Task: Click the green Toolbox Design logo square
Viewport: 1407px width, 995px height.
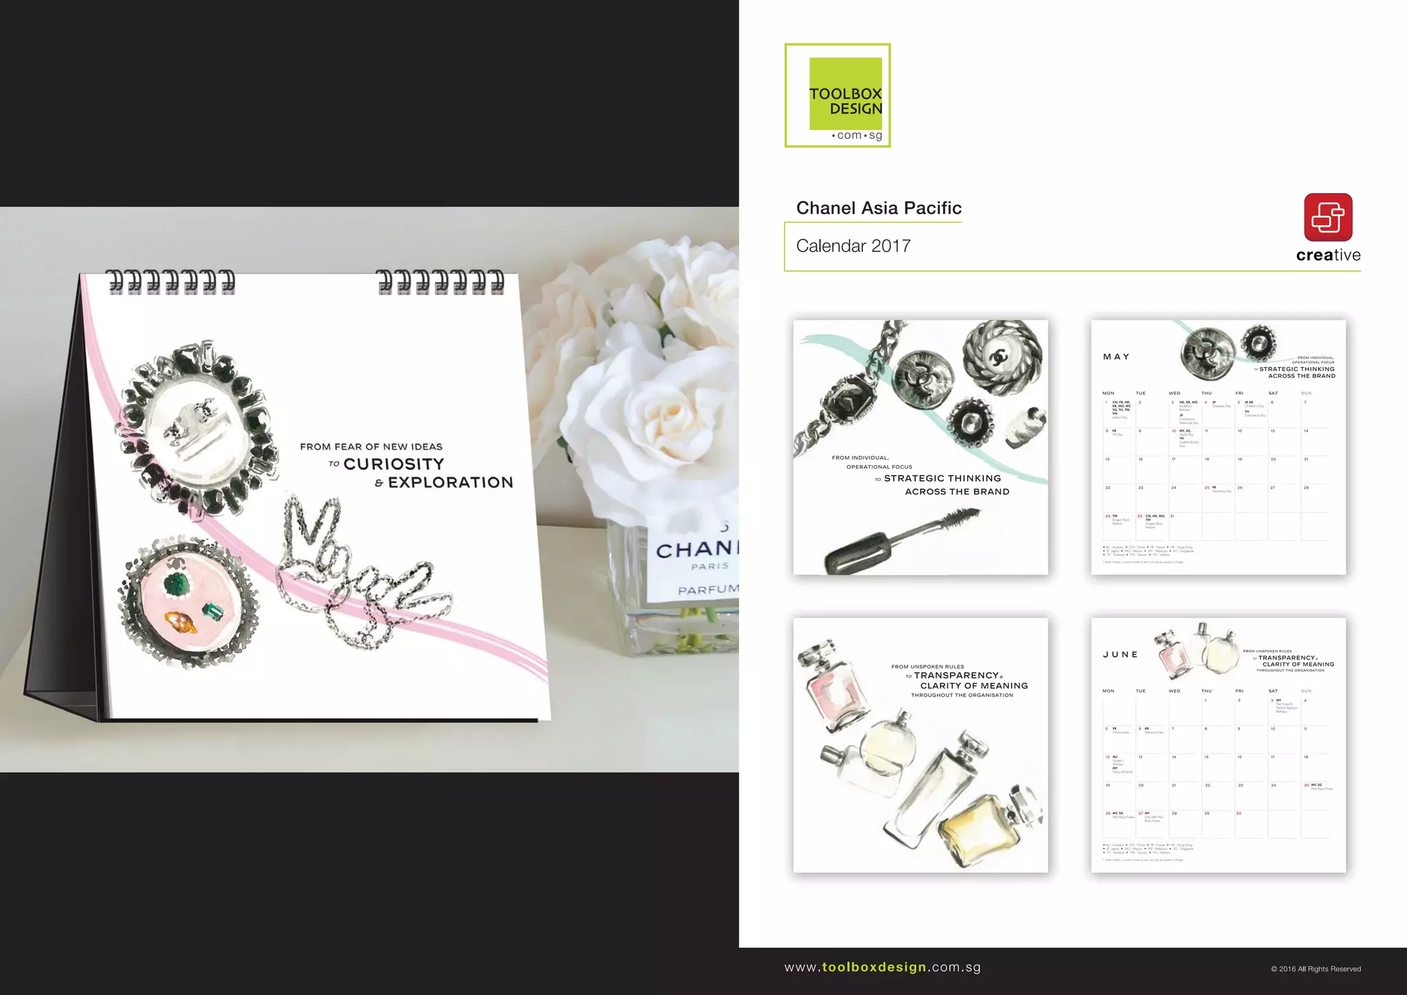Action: [845, 93]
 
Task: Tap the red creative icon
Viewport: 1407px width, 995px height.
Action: [1328, 217]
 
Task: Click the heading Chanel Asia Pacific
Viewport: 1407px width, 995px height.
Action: [879, 208]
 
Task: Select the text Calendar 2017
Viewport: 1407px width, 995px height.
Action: [853, 246]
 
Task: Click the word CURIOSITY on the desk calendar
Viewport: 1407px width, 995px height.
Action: [394, 465]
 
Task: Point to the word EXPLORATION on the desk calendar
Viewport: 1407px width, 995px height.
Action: [451, 483]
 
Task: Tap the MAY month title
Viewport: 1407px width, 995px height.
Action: [1116, 357]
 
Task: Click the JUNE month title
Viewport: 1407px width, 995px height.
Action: [1121, 655]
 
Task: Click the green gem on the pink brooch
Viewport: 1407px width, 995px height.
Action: [177, 585]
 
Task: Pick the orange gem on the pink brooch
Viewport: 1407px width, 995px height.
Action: [181, 622]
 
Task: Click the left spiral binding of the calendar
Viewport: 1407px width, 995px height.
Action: [170, 282]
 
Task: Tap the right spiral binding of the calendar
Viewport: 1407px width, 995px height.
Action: [440, 282]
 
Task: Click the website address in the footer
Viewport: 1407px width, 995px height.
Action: [882, 968]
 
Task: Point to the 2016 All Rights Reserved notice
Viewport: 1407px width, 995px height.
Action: [1315, 969]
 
